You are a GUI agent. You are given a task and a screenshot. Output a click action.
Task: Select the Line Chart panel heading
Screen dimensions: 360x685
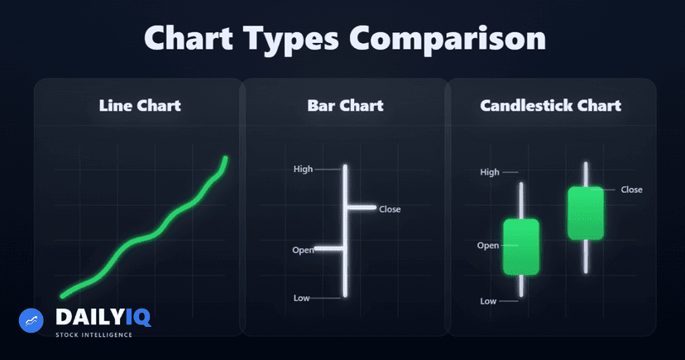click(140, 106)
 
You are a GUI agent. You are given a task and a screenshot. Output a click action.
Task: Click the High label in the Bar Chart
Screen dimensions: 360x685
click(304, 170)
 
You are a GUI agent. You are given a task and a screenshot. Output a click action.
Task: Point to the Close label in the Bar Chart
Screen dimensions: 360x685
click(390, 209)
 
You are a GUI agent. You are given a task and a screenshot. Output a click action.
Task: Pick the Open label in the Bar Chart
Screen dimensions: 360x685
click(303, 249)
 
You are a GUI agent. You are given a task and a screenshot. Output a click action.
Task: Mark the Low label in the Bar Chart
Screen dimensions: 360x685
click(302, 298)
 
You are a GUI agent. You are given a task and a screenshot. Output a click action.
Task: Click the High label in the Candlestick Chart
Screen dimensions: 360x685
click(490, 172)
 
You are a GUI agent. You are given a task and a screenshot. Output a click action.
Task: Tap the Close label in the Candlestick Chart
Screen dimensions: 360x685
click(631, 190)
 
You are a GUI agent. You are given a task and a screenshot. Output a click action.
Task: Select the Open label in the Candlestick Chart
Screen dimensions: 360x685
click(488, 246)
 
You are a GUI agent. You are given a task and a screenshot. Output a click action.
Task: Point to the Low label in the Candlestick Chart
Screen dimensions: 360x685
click(488, 301)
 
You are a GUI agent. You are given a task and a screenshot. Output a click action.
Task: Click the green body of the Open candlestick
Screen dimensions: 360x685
click(521, 247)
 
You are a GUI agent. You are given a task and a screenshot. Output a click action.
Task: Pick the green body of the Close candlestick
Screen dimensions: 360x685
click(586, 213)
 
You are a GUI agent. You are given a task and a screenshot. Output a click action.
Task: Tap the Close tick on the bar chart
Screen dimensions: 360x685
click(361, 207)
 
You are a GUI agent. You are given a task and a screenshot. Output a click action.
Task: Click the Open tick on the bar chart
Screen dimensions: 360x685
click(330, 247)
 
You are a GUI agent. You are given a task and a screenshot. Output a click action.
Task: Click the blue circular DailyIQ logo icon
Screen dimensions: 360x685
click(31, 320)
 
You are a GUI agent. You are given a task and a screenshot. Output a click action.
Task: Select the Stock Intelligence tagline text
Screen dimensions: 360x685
click(93, 335)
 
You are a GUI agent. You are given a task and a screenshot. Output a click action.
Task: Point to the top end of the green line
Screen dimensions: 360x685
click(226, 159)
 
